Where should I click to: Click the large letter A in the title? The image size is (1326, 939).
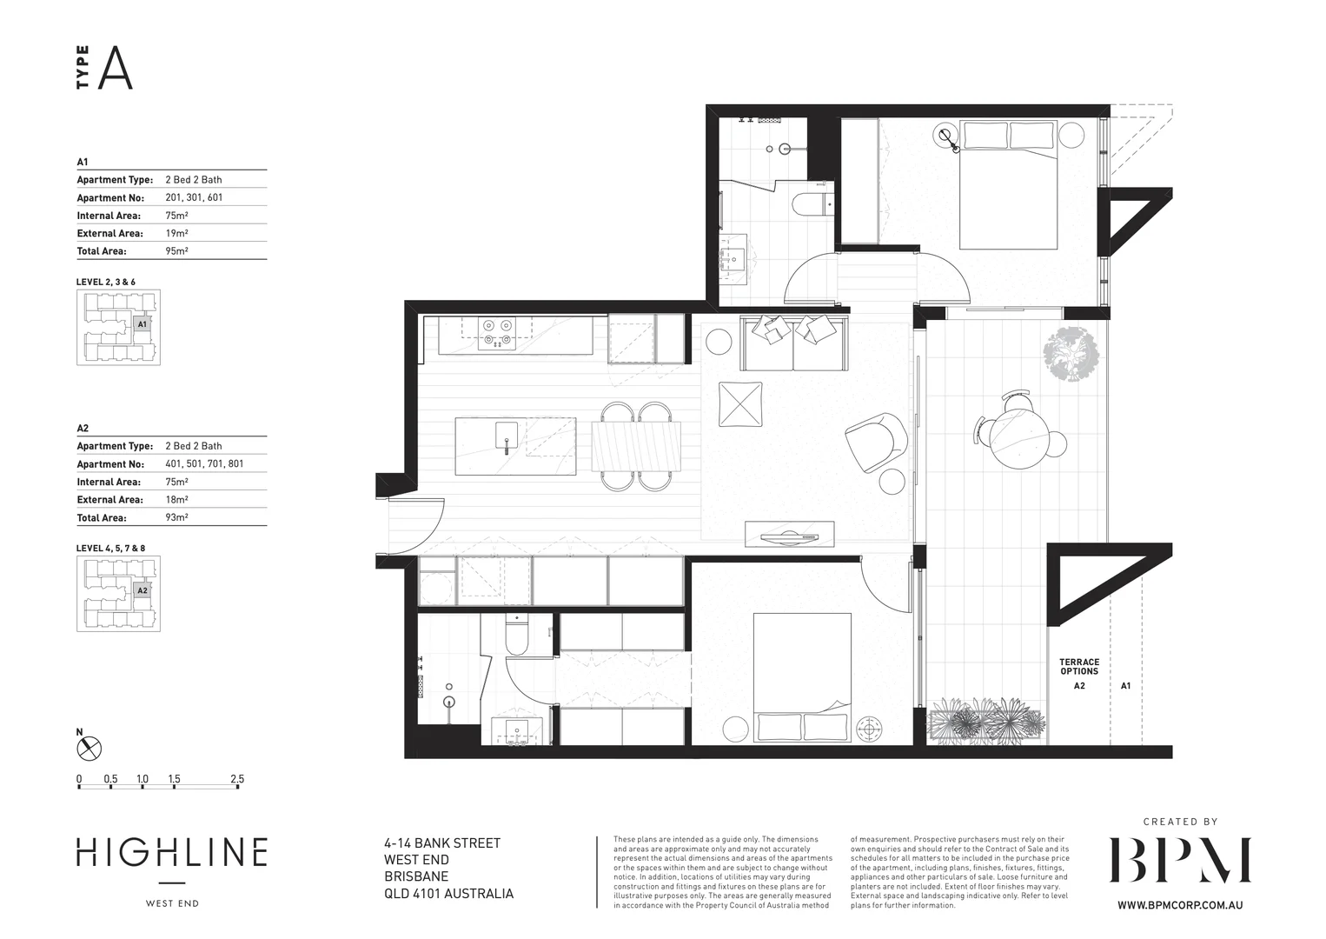click(115, 69)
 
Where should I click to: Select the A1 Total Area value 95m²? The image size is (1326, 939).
click(176, 251)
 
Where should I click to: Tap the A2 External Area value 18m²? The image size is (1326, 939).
click(176, 500)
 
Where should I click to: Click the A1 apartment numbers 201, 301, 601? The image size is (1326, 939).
click(194, 197)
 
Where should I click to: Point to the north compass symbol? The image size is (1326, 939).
click(89, 748)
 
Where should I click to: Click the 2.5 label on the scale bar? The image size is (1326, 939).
click(236, 779)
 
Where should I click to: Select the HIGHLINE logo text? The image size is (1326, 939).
click(171, 853)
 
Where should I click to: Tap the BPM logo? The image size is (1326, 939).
click(1179, 861)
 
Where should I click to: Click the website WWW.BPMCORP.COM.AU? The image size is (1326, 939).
click(1179, 905)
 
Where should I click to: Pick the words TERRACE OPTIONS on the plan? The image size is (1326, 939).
click(1078, 667)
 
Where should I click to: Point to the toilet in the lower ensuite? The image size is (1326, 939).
click(517, 638)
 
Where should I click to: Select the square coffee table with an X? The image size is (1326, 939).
click(740, 404)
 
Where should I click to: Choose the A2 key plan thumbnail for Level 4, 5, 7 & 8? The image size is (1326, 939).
click(118, 594)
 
